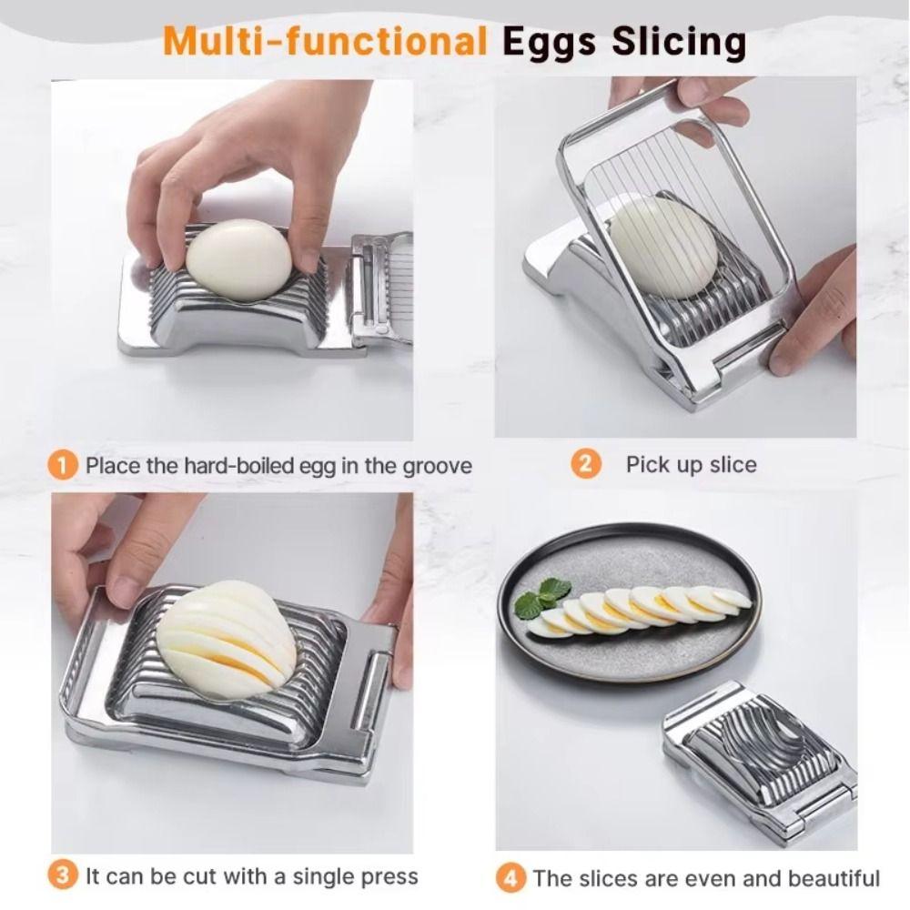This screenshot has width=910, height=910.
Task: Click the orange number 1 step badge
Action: click(62, 466)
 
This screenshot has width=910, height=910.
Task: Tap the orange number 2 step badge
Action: click(586, 464)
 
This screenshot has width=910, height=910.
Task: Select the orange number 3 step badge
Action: click(62, 876)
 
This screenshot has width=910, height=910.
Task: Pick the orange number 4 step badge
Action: click(511, 878)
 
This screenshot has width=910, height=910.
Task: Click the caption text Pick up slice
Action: click(691, 465)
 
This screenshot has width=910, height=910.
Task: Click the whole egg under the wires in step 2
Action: click(663, 248)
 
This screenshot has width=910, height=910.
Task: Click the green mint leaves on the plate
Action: click(541, 597)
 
